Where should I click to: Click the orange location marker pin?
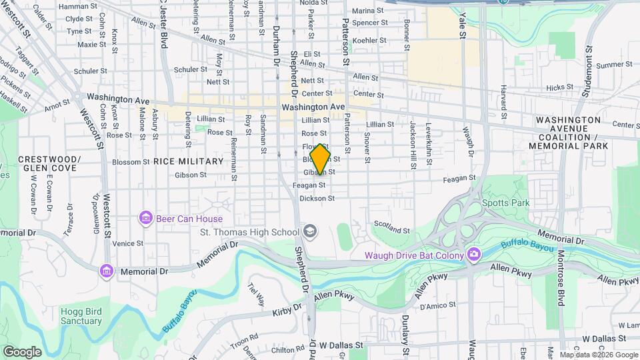pyautogui.click(x=321, y=159)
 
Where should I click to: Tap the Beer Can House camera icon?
pyautogui.click(x=145, y=218)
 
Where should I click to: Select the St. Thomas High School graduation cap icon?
pyautogui.click(x=309, y=231)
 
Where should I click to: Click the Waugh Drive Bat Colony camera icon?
pyautogui.click(x=473, y=253)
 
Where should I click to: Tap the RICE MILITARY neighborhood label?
pyautogui.click(x=188, y=161)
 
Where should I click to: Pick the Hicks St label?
pyautogui.click(x=559, y=87)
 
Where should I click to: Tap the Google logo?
pyautogui.click(x=23, y=351)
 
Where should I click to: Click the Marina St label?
pyautogui.click(x=369, y=11)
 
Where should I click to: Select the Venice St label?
pyautogui.click(x=128, y=244)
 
